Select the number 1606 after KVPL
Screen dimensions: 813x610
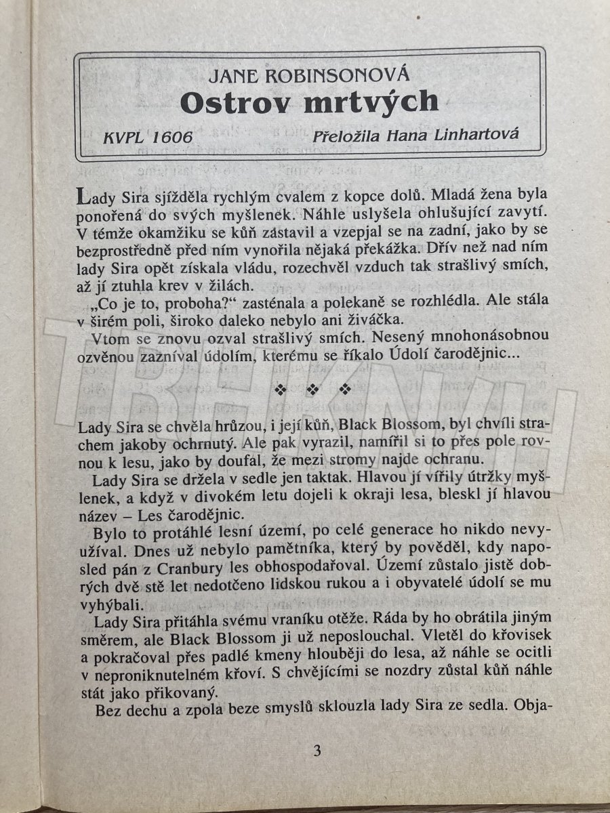click(x=172, y=138)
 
